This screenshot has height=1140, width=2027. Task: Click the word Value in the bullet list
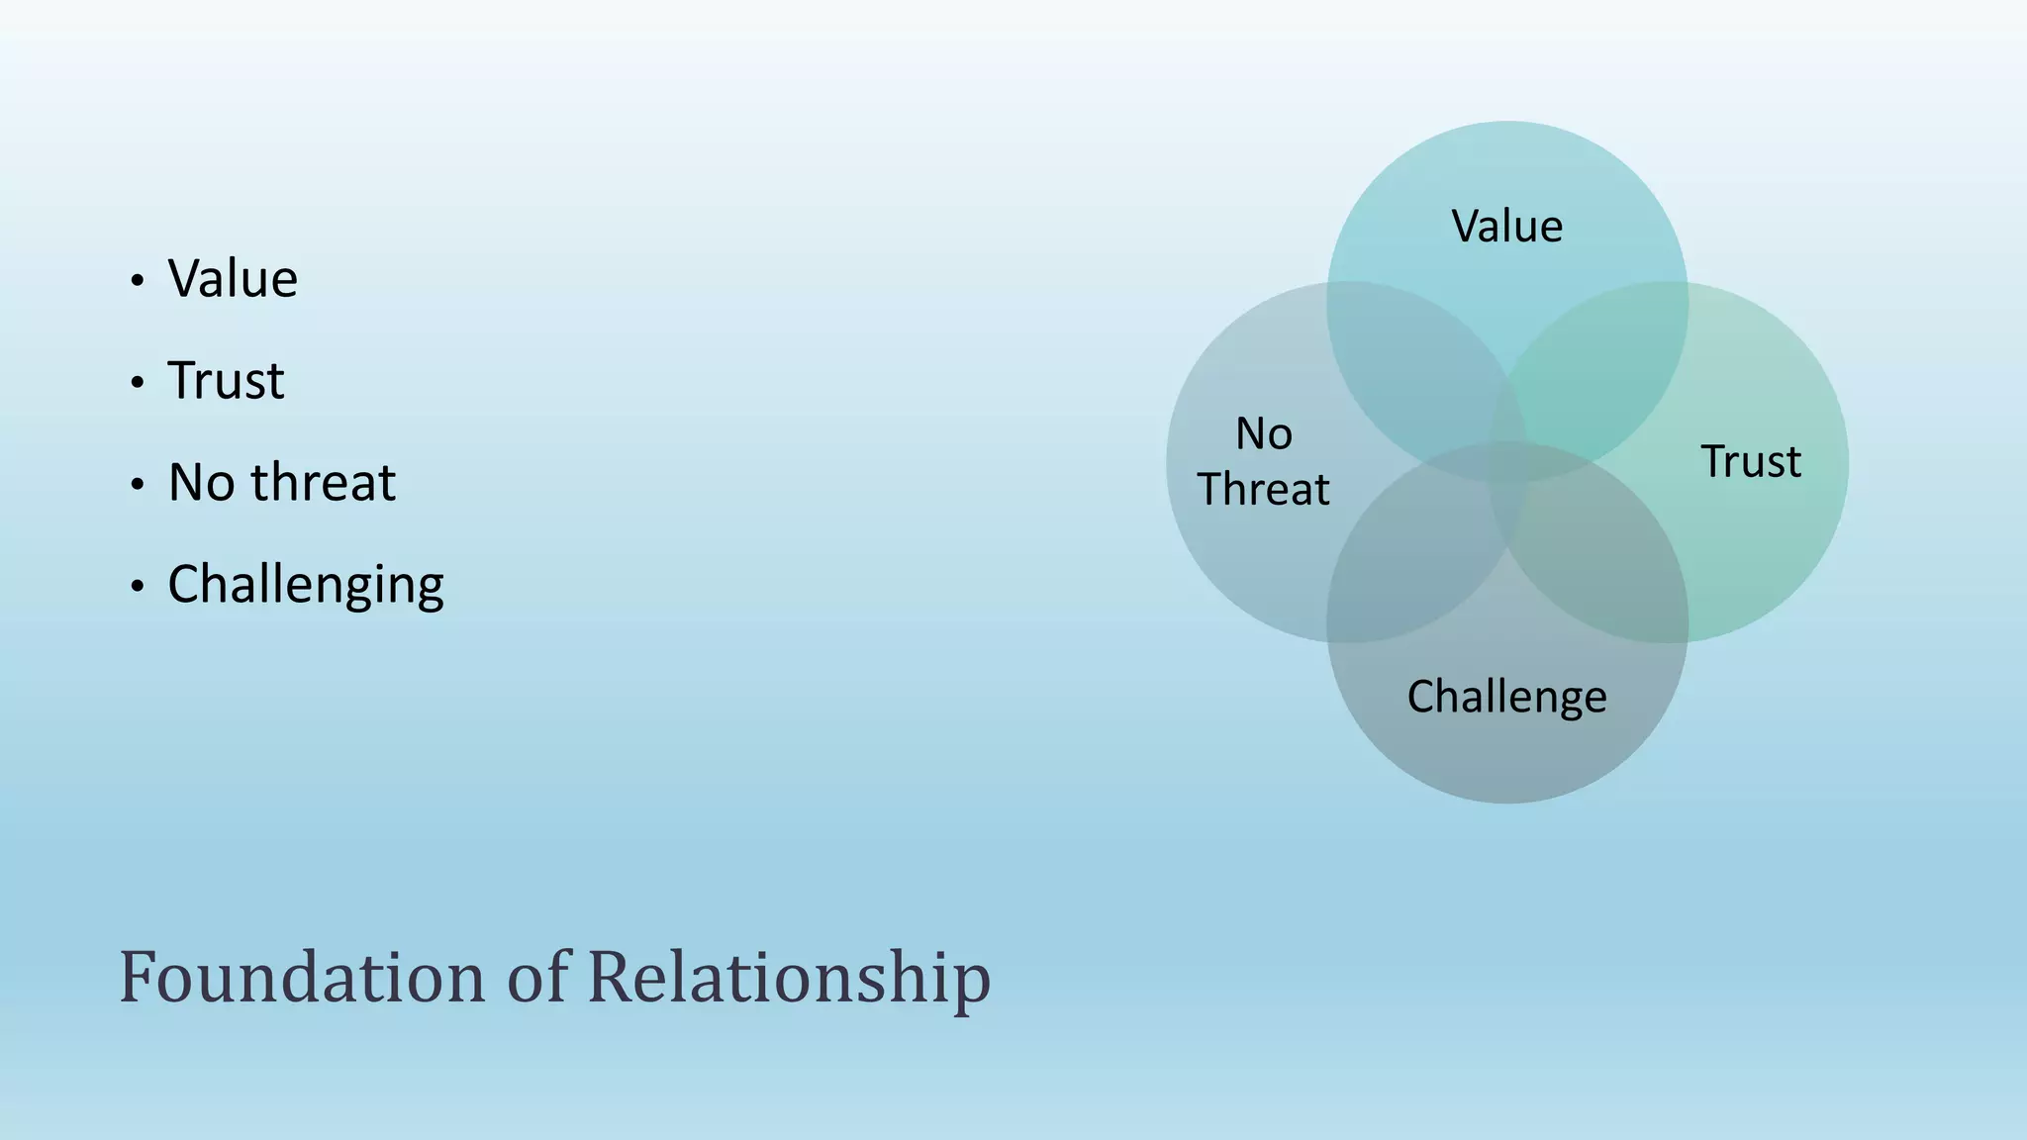(x=233, y=278)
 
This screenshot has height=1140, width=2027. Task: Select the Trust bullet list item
(x=226, y=380)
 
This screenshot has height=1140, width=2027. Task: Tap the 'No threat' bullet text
(x=281, y=483)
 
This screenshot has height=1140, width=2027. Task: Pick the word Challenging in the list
(x=306, y=585)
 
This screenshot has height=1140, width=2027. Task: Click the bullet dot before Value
(x=138, y=281)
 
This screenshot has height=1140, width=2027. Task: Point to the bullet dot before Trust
(x=138, y=383)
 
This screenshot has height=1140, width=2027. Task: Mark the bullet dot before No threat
(x=138, y=485)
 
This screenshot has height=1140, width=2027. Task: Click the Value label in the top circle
(x=1507, y=227)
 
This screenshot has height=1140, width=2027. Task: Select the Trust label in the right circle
(x=1751, y=462)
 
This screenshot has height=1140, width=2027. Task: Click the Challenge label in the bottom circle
(x=1506, y=697)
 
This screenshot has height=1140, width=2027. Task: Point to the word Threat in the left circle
(x=1264, y=490)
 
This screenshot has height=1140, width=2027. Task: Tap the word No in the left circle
(x=1264, y=434)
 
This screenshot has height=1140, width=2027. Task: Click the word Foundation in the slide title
(x=303, y=978)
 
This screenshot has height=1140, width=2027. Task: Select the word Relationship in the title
(x=789, y=978)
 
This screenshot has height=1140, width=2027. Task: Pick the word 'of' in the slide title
(x=537, y=978)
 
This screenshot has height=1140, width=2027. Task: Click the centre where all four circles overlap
(x=1507, y=462)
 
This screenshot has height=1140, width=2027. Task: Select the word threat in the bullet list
(x=323, y=483)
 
